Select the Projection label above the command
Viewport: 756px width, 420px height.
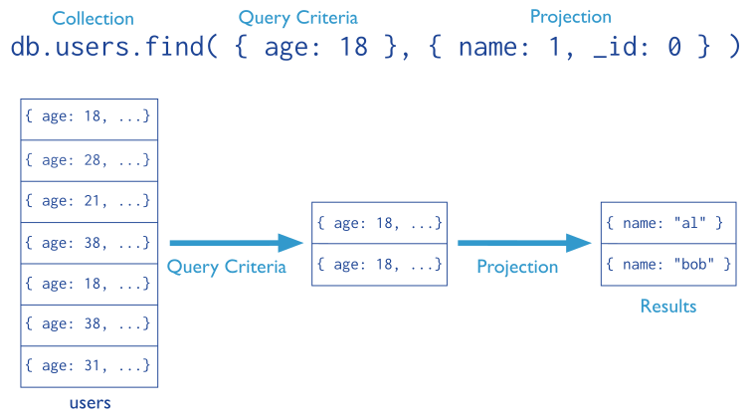click(570, 17)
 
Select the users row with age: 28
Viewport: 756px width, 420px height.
click(90, 159)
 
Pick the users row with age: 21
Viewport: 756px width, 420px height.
click(90, 201)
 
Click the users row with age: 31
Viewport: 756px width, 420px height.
click(90, 366)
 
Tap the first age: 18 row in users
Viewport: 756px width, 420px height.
click(90, 117)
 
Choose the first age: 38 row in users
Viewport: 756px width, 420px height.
click(90, 242)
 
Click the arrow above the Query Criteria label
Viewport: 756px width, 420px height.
click(236, 243)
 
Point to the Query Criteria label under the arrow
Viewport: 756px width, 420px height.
click(227, 267)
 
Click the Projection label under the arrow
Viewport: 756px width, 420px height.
click(517, 267)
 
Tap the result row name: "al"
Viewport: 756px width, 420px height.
click(668, 223)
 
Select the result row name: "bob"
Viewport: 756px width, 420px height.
click(668, 265)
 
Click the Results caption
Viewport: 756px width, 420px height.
click(668, 306)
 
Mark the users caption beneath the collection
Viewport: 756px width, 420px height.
click(90, 403)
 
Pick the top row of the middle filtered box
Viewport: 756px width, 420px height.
click(379, 223)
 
